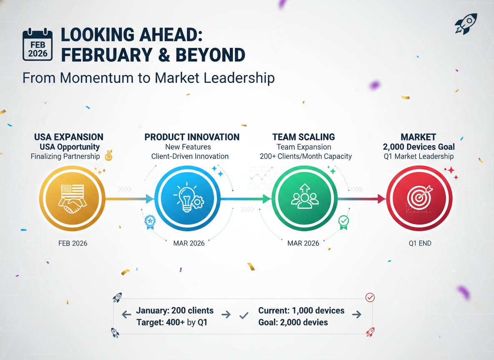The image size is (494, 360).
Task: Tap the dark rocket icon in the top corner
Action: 466,24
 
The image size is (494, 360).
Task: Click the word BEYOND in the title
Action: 210,55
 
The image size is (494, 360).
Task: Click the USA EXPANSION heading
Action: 69,137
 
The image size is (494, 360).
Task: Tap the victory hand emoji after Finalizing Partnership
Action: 109,155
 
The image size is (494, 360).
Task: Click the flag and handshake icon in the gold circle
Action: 73,199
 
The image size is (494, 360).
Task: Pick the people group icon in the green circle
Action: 304,196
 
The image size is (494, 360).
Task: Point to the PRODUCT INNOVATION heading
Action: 192,137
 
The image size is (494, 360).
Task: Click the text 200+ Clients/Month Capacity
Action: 305,156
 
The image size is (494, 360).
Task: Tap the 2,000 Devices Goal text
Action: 419,147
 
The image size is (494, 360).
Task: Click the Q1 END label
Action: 420,243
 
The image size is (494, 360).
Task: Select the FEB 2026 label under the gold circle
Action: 73,243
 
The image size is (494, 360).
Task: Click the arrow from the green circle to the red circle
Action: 362,199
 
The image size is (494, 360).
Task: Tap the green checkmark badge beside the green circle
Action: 343,222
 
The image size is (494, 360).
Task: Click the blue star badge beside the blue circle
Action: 150,222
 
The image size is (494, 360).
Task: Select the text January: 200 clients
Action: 175,310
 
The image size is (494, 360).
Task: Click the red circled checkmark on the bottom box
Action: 370,297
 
